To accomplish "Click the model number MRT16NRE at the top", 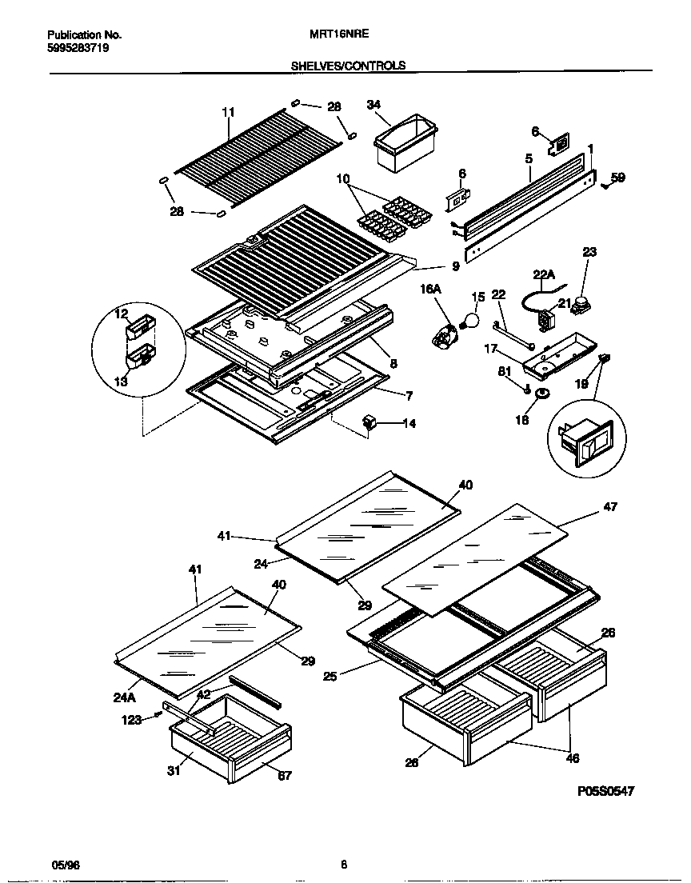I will coord(331,35).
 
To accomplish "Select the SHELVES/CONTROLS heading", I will coord(348,66).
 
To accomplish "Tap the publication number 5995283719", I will coord(78,48).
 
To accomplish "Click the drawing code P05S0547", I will coord(605,791).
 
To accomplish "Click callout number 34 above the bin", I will coord(374,105).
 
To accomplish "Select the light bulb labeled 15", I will coord(470,322).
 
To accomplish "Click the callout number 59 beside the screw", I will coord(617,178).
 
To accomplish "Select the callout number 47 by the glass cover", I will coord(610,507).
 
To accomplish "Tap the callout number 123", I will coord(131,720).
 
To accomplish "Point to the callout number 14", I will coord(409,423).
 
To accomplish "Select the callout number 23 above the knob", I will coord(589,252).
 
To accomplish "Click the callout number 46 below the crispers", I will coord(572,758).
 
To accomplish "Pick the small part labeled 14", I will coord(369,421).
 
